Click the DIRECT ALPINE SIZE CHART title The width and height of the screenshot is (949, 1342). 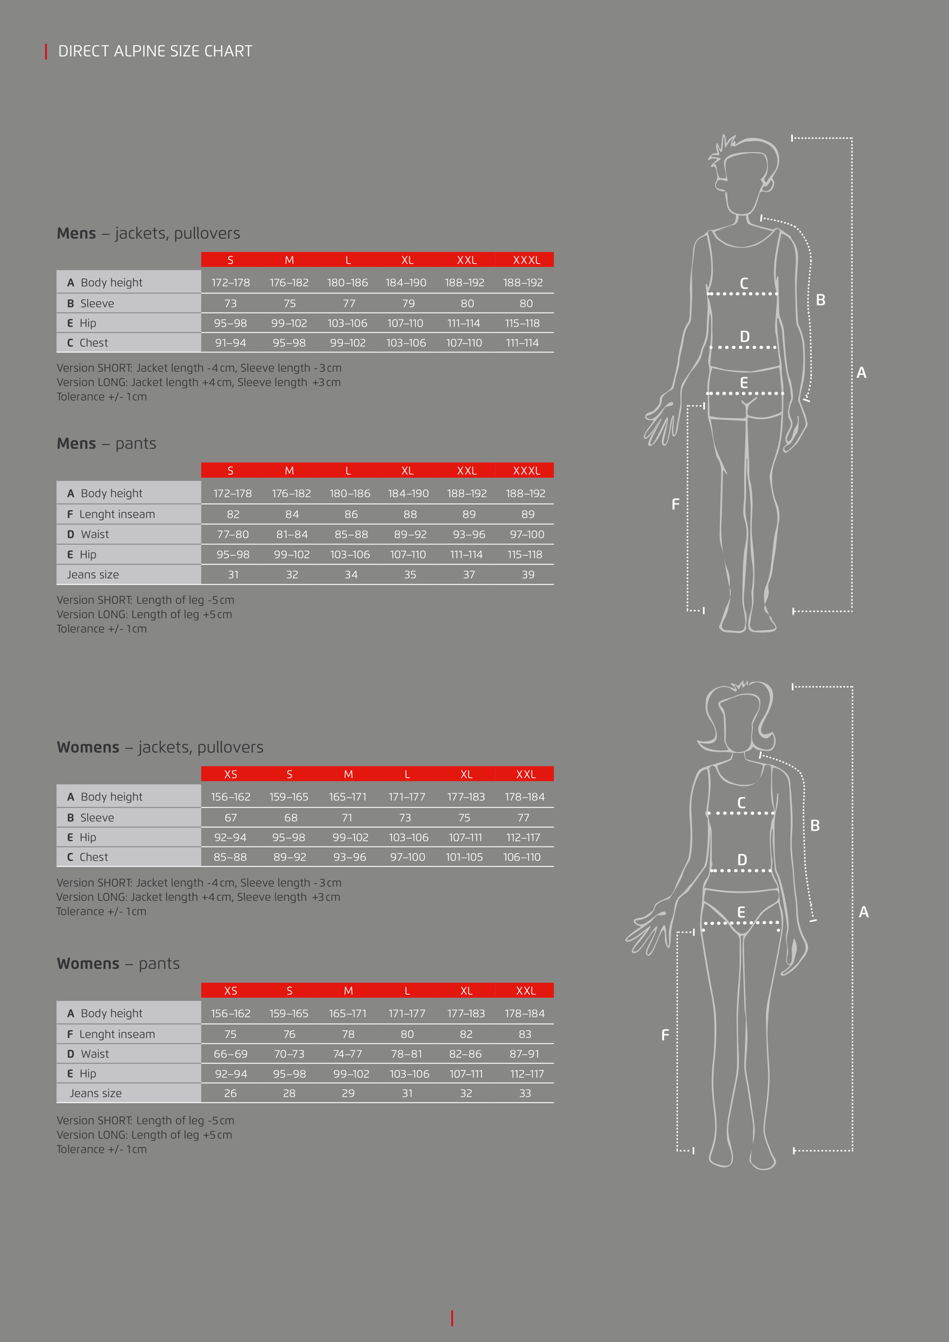155,51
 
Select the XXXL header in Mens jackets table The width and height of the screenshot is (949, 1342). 526,260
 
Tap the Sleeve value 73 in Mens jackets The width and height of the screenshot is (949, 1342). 230,303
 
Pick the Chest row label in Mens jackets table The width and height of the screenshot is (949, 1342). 87,343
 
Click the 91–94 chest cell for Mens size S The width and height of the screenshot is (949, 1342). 230,343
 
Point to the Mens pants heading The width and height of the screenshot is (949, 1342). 106,444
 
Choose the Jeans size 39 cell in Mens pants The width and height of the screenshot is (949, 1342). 528,575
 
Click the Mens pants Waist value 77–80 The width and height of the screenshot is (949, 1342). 233,534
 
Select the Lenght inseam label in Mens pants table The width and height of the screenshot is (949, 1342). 111,514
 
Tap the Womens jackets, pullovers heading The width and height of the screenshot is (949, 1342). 160,747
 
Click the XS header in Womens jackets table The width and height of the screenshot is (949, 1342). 231,774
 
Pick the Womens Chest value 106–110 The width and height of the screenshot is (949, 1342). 522,857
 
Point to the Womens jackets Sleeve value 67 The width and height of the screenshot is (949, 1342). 231,818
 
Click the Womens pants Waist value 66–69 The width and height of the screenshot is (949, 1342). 230,1054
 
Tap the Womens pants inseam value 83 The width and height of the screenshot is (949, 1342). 525,1034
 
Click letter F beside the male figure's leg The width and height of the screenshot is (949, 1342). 676,504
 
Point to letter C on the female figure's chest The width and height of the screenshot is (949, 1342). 741,803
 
